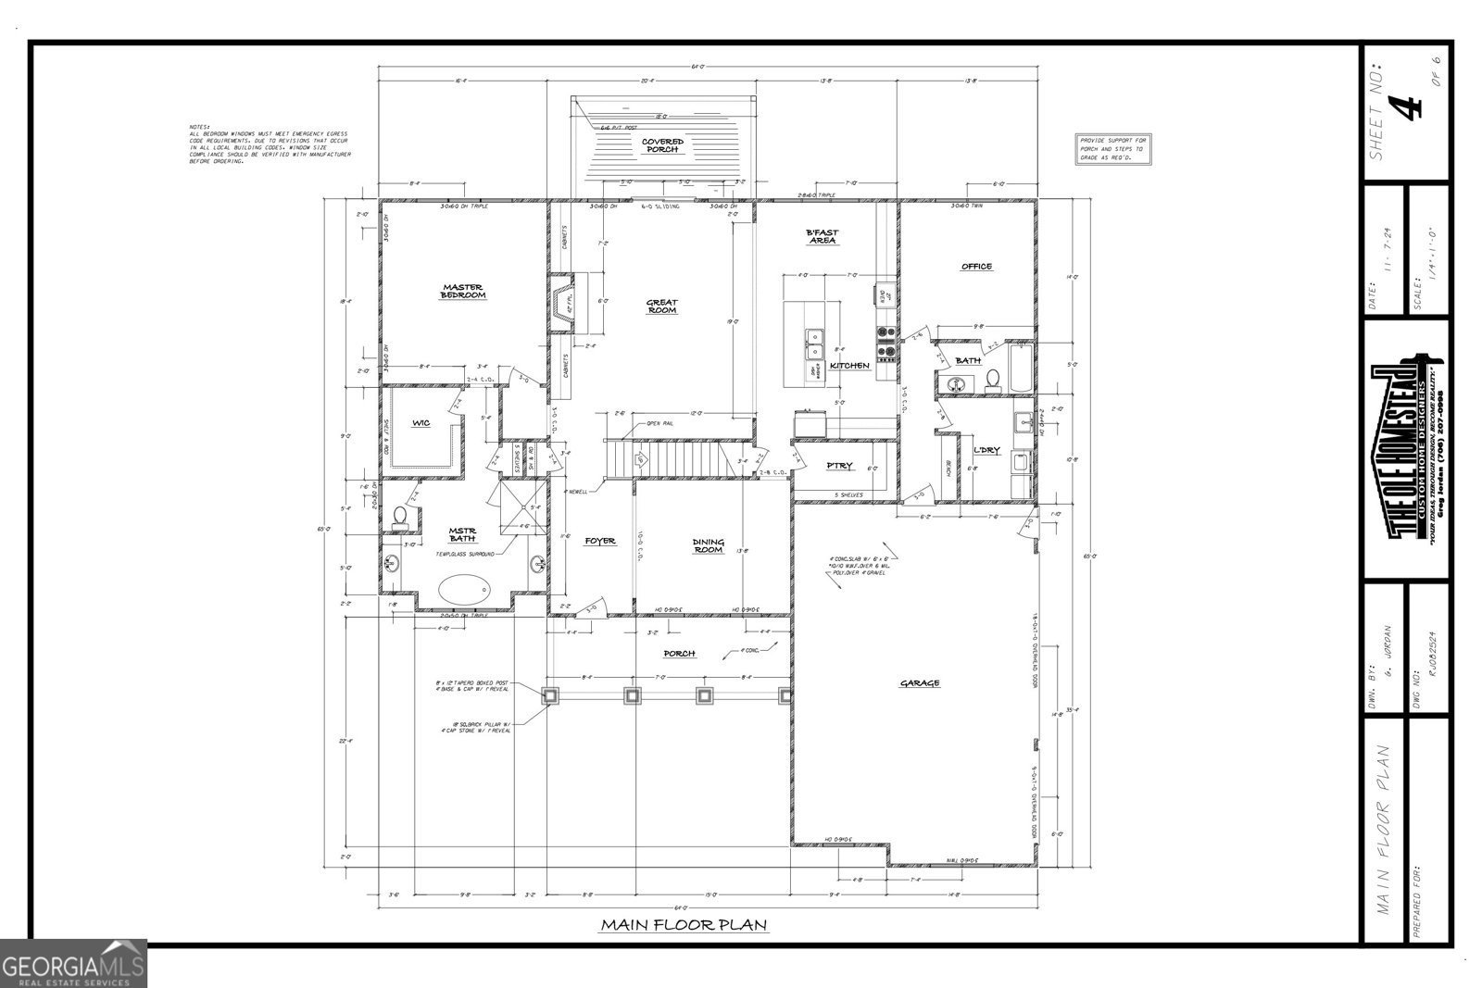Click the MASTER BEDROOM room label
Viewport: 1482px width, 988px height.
463,291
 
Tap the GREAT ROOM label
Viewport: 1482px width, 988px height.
661,306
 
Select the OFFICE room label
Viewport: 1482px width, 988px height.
976,267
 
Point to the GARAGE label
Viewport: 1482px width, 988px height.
920,683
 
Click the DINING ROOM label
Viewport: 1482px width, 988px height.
709,546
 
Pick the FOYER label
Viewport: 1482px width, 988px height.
600,541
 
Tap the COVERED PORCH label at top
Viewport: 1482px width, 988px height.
663,145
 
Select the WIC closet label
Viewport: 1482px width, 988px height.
421,423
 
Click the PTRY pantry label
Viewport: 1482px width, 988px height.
840,466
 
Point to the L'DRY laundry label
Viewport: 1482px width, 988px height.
986,450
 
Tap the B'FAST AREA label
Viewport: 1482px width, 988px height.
822,236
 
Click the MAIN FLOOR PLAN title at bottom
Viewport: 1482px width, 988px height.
684,924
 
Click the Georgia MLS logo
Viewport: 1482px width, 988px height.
74,963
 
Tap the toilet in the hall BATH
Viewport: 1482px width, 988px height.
992,378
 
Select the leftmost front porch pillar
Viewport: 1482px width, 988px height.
551,695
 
